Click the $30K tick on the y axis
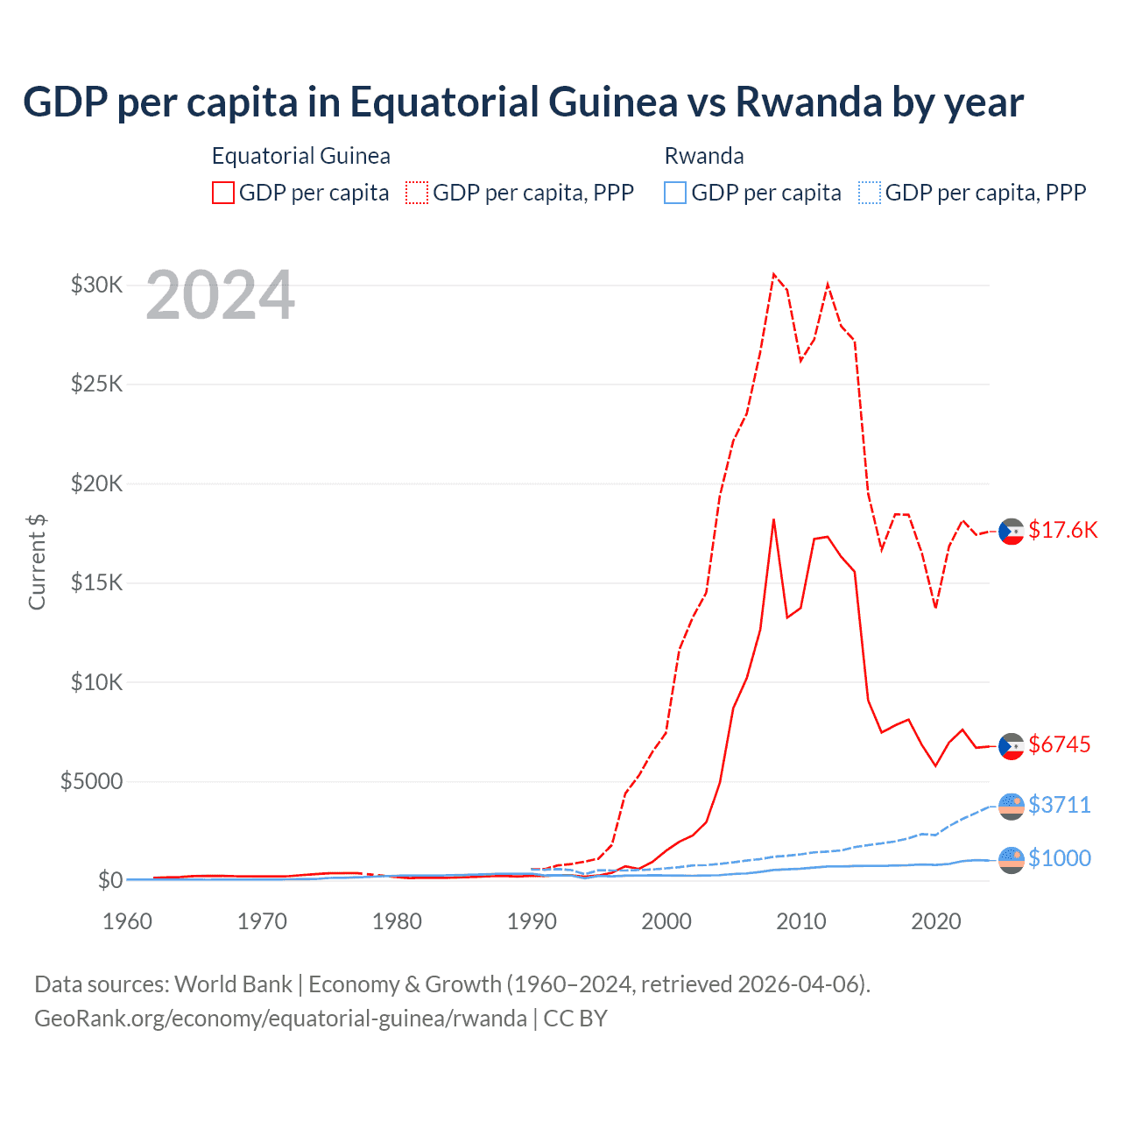[x=97, y=285]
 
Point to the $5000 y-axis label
[x=91, y=781]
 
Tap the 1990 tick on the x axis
[x=532, y=921]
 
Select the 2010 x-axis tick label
[x=801, y=921]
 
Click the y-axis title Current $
[x=37, y=561]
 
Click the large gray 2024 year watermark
[x=220, y=296]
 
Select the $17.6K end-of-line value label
[x=1062, y=530]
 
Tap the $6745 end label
[x=1059, y=744]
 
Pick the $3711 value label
[x=1059, y=805]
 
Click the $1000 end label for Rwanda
[x=1059, y=858]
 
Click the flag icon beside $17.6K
[x=1012, y=532]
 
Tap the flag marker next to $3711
[x=1012, y=806]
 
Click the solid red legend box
[x=223, y=193]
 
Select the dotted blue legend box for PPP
[x=870, y=193]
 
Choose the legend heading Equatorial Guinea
[x=300, y=156]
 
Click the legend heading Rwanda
[x=704, y=156]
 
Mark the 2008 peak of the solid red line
[x=773, y=519]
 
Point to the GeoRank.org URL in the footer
[x=280, y=1019]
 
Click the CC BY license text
[x=575, y=1019]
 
